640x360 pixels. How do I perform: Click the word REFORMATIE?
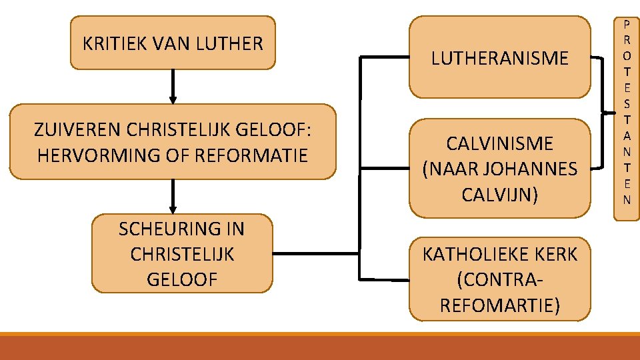tap(256, 155)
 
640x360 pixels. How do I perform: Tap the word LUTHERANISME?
tap(500, 59)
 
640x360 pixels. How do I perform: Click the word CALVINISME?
tap(500, 143)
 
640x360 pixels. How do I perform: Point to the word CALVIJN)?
tap(500, 195)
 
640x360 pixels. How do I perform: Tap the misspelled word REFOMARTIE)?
tap(500, 305)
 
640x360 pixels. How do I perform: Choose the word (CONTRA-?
tap(500, 279)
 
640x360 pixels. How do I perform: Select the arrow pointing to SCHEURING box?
tap(173, 197)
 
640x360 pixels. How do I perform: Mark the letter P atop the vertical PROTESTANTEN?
tap(627, 23)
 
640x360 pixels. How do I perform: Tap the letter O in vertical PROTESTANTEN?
tap(627, 55)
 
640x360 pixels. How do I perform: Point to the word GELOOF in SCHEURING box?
tap(182, 279)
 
